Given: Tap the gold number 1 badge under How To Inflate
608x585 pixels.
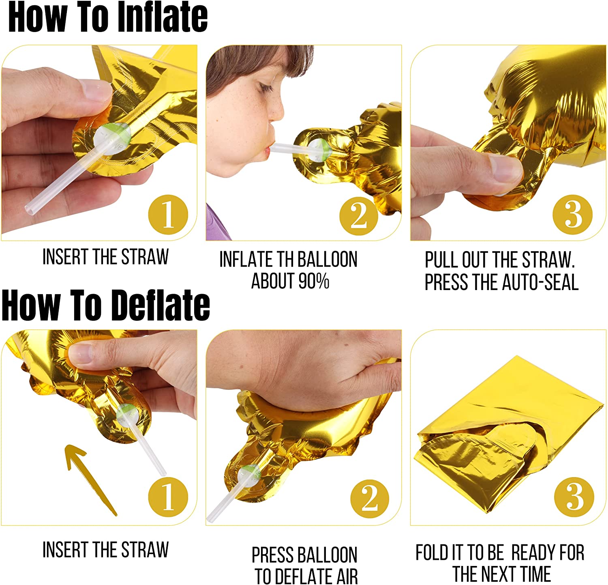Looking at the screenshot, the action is pos(168,214).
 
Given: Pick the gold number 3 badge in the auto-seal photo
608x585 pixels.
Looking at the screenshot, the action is pos(573,214).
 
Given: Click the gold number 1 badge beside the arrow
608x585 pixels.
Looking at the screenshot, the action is pos(168,497).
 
